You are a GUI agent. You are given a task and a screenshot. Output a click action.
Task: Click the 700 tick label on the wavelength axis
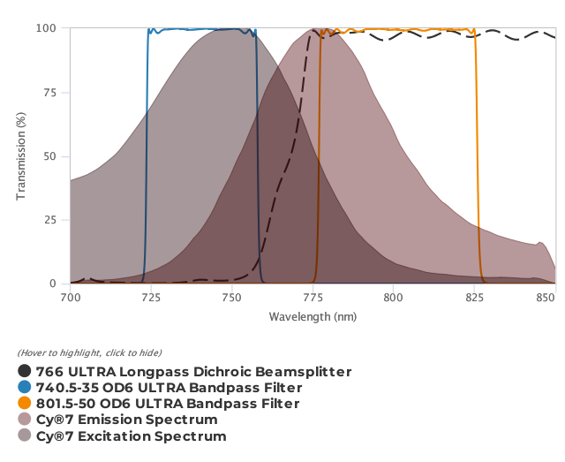[x=70, y=299]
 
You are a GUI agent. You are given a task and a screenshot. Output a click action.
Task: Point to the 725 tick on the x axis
[x=151, y=299]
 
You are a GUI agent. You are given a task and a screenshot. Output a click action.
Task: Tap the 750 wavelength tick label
[x=231, y=299]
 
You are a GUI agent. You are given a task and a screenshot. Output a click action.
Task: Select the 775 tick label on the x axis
[x=313, y=299]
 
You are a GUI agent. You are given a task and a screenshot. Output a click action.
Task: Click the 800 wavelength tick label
[x=394, y=299]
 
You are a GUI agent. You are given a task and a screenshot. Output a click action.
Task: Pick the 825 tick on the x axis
[x=474, y=299]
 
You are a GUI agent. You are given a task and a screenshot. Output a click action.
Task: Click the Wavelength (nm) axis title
[x=313, y=316]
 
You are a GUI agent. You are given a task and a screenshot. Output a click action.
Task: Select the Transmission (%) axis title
[x=21, y=156]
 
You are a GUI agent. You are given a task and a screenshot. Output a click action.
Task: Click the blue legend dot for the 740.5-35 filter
[x=25, y=388]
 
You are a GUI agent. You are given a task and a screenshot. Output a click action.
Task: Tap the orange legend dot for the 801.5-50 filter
[x=25, y=404]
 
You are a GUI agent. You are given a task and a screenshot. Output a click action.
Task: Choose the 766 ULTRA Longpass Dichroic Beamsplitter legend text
[x=193, y=372]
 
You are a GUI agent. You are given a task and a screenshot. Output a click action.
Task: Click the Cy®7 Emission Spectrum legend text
[x=126, y=420]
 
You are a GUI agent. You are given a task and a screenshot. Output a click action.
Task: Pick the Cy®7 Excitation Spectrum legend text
[x=131, y=436]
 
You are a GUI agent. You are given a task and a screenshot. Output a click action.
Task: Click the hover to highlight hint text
[x=89, y=353]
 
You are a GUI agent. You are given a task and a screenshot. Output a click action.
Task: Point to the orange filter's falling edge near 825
[x=478, y=159]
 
